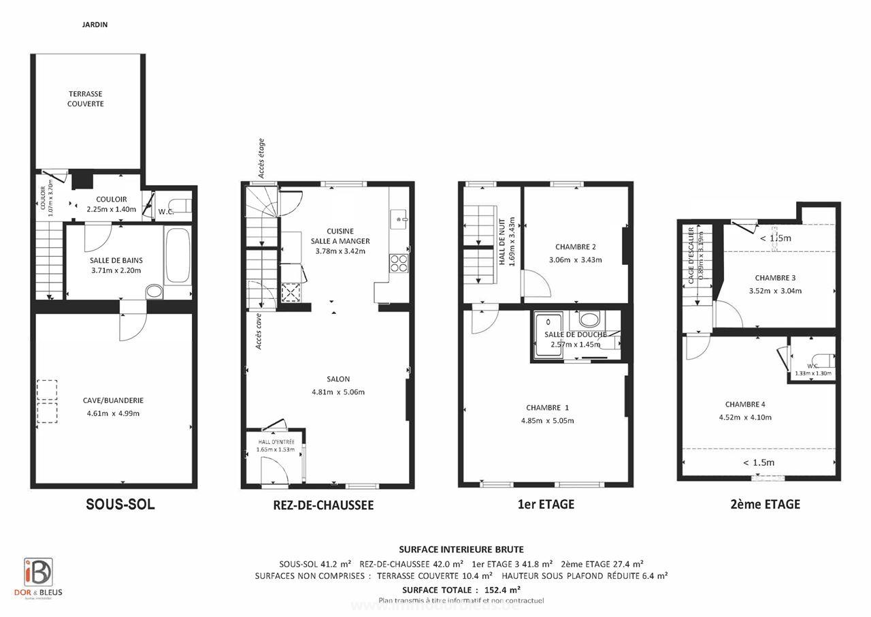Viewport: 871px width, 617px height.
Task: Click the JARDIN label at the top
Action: pyautogui.click(x=94, y=25)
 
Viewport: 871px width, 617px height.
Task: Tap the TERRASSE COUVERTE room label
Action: pyautogui.click(x=86, y=99)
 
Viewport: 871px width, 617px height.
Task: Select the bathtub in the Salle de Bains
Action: pyautogui.click(x=177, y=255)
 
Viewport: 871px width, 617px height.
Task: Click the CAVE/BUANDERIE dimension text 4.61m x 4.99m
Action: pyautogui.click(x=114, y=413)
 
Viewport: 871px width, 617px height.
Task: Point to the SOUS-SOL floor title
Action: pyautogui.click(x=120, y=505)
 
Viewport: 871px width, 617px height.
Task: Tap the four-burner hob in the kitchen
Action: pyautogui.click(x=399, y=262)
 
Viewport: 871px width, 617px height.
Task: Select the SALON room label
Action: pyautogui.click(x=338, y=379)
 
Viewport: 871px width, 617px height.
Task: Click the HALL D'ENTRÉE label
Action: pyautogui.click(x=276, y=442)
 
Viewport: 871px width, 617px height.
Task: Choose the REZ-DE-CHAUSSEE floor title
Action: pyautogui.click(x=323, y=505)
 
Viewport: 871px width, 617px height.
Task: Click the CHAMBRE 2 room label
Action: pyautogui.click(x=575, y=247)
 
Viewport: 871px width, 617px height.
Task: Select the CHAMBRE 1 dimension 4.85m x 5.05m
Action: pyautogui.click(x=547, y=420)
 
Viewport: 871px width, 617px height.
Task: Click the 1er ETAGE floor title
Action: pyautogui.click(x=546, y=505)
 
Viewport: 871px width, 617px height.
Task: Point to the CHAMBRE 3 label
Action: pyautogui.click(x=775, y=278)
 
